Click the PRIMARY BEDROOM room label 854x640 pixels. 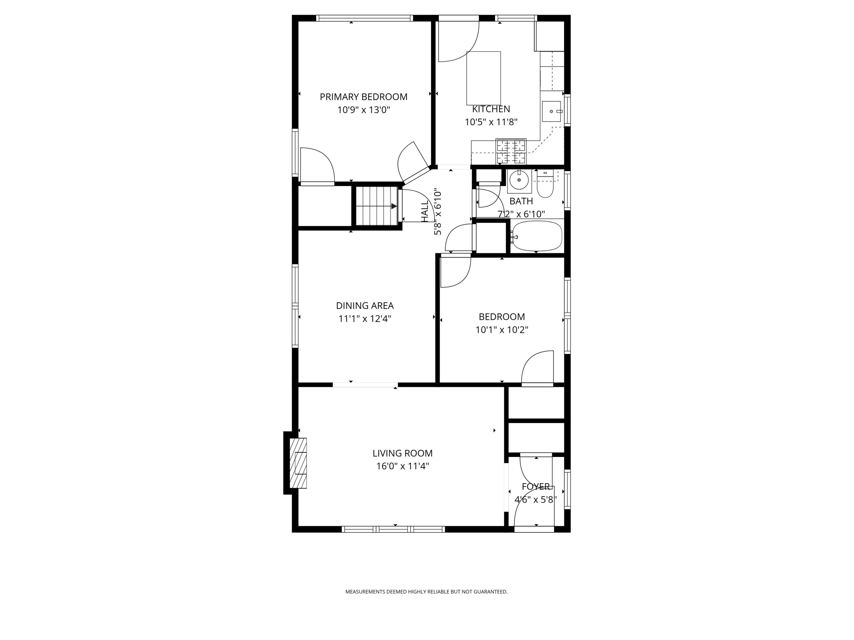(363, 97)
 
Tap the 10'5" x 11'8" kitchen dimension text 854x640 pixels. (491, 122)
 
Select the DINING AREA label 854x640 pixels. (365, 306)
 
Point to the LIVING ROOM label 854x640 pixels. (402, 453)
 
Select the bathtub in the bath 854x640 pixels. (537, 236)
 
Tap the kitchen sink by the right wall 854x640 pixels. (551, 111)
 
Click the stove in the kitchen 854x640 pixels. (511, 151)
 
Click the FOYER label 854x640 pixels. (536, 486)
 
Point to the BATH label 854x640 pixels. (521, 201)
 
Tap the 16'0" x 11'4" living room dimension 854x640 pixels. (403, 466)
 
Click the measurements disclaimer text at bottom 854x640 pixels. (426, 591)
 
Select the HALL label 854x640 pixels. (425, 212)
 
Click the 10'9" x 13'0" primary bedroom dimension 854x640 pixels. (364, 110)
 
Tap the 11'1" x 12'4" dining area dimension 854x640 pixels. (365, 319)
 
